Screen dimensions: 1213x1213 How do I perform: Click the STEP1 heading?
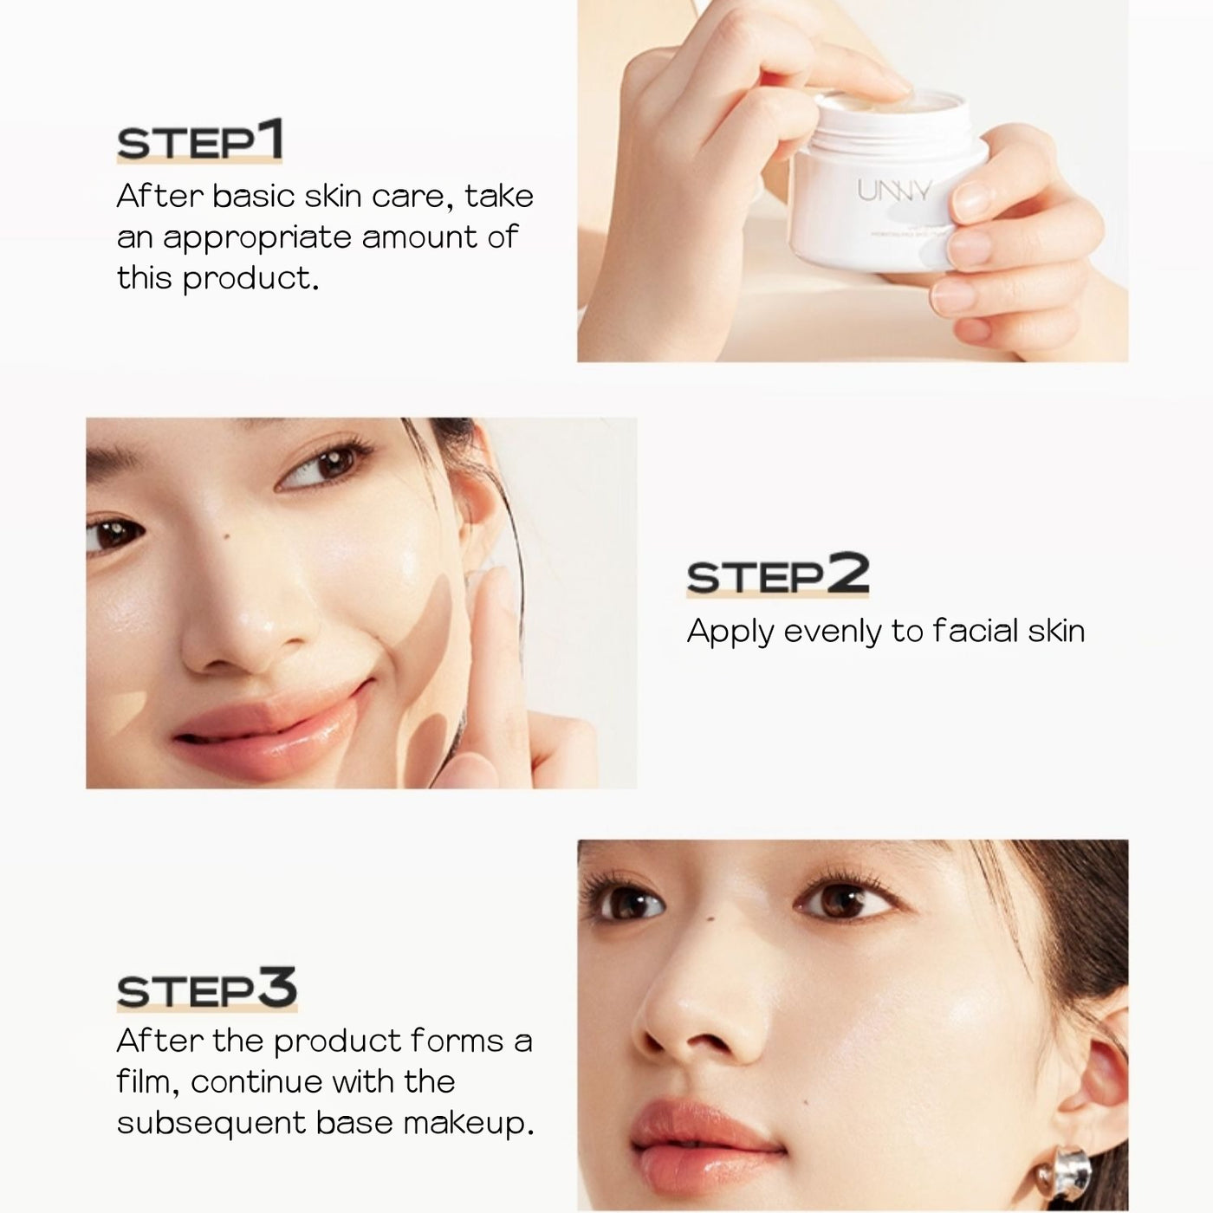(199, 142)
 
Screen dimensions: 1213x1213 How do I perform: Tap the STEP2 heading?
(777, 575)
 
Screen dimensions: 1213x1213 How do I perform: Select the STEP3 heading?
(206, 991)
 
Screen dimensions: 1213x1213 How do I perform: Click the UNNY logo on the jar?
(894, 191)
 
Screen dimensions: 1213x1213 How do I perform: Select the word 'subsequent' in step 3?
(211, 1124)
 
